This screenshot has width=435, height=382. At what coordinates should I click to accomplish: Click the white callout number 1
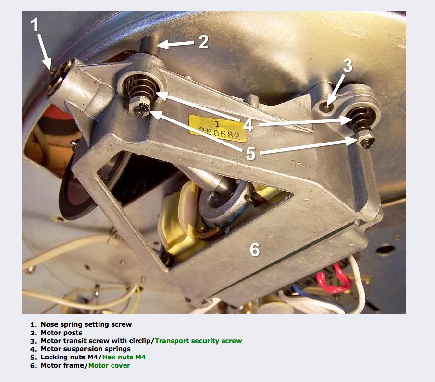pyautogui.click(x=35, y=24)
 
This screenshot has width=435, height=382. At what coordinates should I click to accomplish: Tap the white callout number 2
pyautogui.click(x=204, y=42)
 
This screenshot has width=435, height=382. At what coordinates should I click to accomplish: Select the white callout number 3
pyautogui.click(x=348, y=66)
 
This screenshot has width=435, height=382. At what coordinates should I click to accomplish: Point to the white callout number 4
pyautogui.click(x=248, y=125)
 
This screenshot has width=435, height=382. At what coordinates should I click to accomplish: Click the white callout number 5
pyautogui.click(x=250, y=153)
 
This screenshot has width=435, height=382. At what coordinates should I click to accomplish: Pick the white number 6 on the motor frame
pyautogui.click(x=255, y=250)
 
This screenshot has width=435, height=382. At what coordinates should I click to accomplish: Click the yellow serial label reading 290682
pyautogui.click(x=217, y=129)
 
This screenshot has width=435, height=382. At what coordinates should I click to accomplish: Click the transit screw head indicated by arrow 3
pyautogui.click(x=327, y=106)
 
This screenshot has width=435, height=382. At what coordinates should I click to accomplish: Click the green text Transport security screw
pyautogui.click(x=199, y=341)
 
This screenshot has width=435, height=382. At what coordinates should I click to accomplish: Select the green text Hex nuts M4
pyautogui.click(x=124, y=357)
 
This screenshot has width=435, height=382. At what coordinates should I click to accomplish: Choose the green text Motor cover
pyautogui.click(x=109, y=365)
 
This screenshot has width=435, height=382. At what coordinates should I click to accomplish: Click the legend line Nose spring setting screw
pyautogui.click(x=86, y=324)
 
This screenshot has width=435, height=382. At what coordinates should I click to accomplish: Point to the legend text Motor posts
pyautogui.click(x=62, y=333)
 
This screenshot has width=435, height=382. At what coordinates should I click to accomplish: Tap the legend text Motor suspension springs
pyautogui.click(x=86, y=349)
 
